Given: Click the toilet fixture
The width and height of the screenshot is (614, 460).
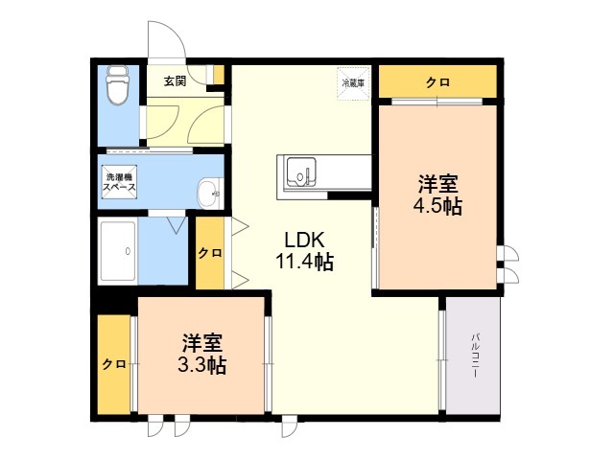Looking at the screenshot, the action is click(118, 85).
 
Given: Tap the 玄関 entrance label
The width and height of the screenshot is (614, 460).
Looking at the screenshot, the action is click(175, 81).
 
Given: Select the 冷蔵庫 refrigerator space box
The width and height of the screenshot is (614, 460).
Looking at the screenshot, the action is click(354, 83).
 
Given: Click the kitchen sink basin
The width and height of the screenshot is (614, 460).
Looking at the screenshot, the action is click(300, 172).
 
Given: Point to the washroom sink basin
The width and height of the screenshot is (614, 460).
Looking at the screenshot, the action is click(210, 194).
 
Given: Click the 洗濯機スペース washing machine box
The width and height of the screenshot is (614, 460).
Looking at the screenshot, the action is click(119, 182).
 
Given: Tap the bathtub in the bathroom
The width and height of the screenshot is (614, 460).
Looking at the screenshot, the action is click(118, 251).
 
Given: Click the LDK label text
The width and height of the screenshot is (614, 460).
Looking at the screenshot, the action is click(304, 241).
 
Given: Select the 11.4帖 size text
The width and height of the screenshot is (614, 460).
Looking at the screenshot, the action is click(305, 262).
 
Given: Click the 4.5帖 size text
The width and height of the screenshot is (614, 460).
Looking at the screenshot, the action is click(437, 206).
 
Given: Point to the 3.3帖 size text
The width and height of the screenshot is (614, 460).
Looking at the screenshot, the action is click(202, 365).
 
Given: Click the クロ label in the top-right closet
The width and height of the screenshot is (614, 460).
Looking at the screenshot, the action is click(437, 82).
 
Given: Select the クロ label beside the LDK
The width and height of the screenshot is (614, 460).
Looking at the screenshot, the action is click(210, 253).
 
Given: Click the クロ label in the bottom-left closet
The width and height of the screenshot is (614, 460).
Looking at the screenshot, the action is click(114, 364).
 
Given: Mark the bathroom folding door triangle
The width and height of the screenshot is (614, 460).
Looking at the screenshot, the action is click(177, 224).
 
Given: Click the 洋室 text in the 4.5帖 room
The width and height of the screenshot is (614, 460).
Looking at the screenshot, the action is click(438, 184).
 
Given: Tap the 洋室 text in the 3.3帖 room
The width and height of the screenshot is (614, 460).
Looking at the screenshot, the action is click(202, 343).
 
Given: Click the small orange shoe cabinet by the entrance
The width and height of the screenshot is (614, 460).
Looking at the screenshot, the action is click(219, 75).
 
